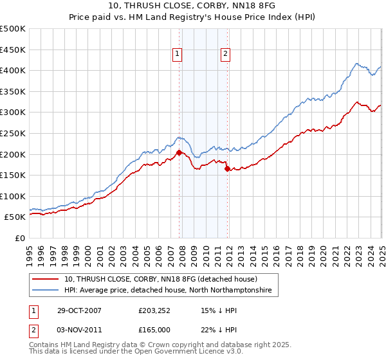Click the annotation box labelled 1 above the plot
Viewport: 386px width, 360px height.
point(176,55)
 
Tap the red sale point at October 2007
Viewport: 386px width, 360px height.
point(179,152)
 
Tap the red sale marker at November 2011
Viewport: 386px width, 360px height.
point(227,169)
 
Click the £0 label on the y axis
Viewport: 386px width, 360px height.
point(19,238)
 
